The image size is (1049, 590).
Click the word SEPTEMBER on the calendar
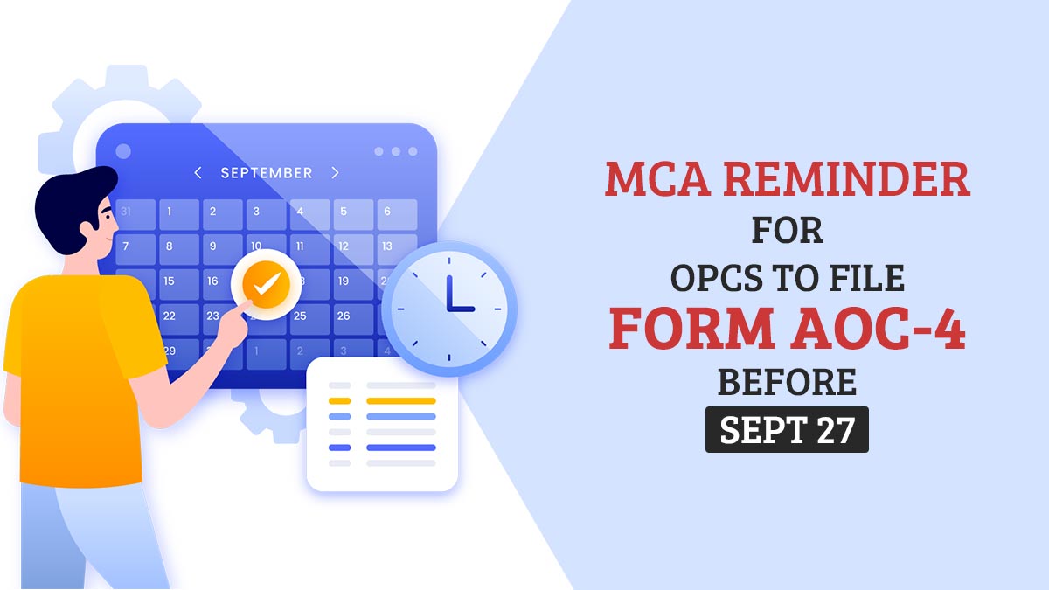(267, 173)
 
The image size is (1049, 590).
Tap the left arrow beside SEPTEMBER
(198, 173)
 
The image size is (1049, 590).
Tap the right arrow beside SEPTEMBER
(336, 173)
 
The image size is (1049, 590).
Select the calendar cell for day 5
(353, 214)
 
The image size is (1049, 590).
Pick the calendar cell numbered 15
(179, 284)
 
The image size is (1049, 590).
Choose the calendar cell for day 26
(353, 319)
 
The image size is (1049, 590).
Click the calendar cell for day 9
(222, 250)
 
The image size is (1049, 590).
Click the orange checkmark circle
(266, 284)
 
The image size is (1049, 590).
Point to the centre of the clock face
(449, 309)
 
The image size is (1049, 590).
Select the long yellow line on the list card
(401, 401)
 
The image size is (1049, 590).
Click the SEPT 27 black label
(787, 430)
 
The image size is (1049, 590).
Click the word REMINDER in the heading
(847, 179)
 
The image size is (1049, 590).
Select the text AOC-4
(878, 328)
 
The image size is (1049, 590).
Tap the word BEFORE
(787, 382)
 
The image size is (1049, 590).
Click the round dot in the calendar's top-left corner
(123, 151)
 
